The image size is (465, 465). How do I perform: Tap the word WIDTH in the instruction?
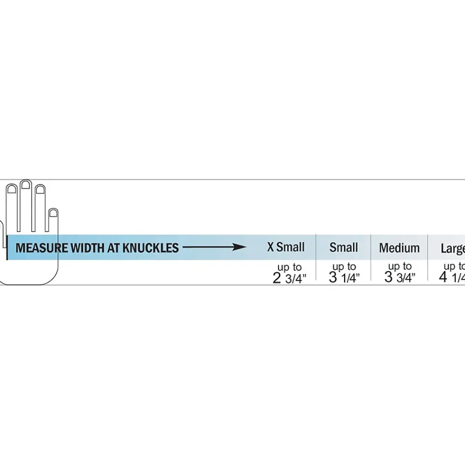tap(87, 247)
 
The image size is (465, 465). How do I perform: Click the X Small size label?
tap(286, 247)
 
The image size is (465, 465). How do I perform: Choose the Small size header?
tap(344, 247)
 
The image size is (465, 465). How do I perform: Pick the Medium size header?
tap(399, 248)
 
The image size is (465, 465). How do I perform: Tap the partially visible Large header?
tap(453, 248)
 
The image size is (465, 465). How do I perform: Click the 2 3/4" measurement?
tap(289, 278)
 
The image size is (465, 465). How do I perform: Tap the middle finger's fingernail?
tap(26, 185)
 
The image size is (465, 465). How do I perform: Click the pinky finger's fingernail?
tap(53, 213)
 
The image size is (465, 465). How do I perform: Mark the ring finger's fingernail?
tap(40, 190)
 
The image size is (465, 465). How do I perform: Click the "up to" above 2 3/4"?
tap(290, 267)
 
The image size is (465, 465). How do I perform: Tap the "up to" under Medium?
tap(400, 266)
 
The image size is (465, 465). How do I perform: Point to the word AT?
tap(113, 247)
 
